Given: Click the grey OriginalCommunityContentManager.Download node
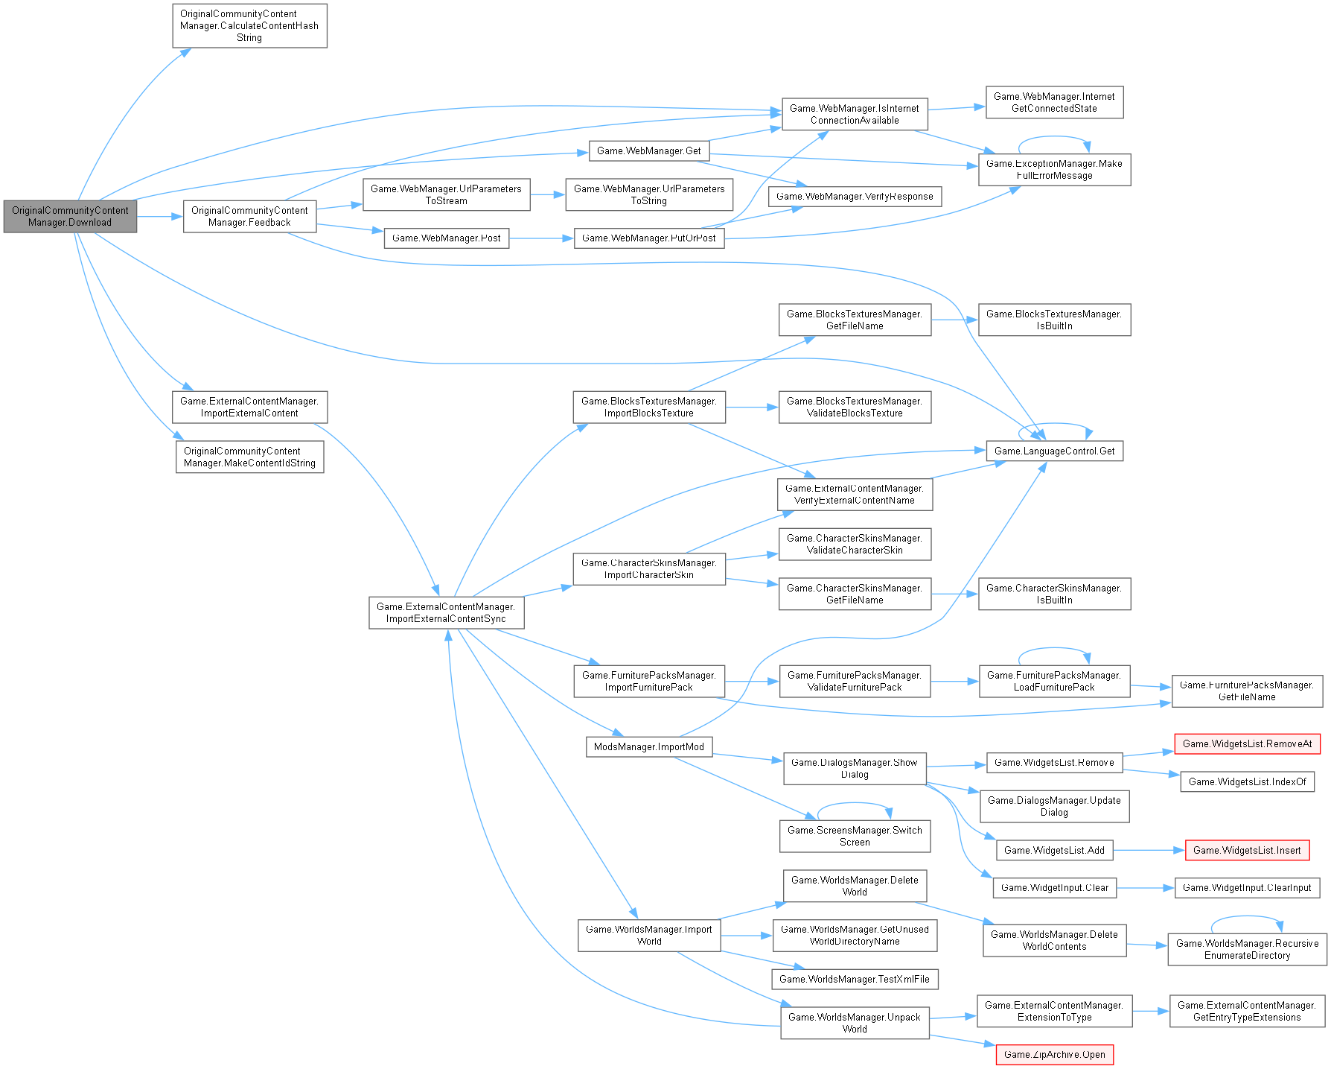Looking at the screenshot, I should pyautogui.click(x=70, y=216).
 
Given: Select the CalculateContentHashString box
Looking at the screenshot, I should pyautogui.click(x=249, y=26).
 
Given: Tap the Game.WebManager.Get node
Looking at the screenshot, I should pyautogui.click(x=648, y=150).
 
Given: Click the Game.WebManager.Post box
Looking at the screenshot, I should pyautogui.click(x=446, y=238).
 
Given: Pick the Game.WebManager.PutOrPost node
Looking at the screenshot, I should pyautogui.click(x=648, y=238).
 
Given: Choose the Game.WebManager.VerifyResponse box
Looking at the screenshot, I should pyautogui.click(x=855, y=197).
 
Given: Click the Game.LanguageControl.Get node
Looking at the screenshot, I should pyautogui.click(x=1054, y=451).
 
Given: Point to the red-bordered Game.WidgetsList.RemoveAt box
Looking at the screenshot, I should pyautogui.click(x=1247, y=743).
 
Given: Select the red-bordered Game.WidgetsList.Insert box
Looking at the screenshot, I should pyautogui.click(x=1247, y=850).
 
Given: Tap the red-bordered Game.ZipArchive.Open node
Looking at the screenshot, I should pyautogui.click(x=1054, y=1054).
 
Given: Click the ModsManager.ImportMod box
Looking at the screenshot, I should pyautogui.click(x=648, y=746).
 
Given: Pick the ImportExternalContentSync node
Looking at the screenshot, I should pyautogui.click(x=446, y=612).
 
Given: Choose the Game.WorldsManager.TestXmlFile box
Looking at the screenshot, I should pyautogui.click(x=855, y=979).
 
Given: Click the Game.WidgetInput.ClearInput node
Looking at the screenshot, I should pyautogui.click(x=1247, y=887).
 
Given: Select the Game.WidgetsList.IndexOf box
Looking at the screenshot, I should pyautogui.click(x=1247, y=781).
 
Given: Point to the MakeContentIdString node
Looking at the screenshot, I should pyautogui.click(x=249, y=457).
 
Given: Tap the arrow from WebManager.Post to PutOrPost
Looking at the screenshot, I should pyautogui.click(x=541, y=238).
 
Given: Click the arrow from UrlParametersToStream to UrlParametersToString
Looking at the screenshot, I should pyautogui.click(x=548, y=194).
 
